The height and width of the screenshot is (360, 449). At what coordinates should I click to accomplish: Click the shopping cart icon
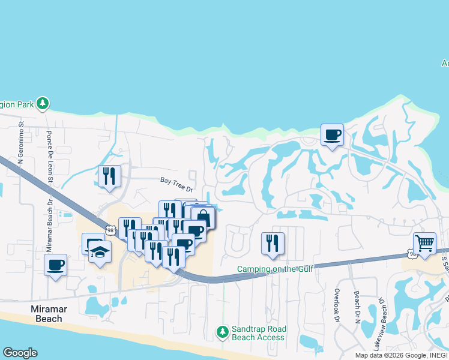[424, 244]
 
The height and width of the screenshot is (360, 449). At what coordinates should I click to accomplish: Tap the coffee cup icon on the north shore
[331, 135]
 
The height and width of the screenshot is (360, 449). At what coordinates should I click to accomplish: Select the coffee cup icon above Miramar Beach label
[55, 265]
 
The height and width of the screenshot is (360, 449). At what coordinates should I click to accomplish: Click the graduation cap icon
[100, 252]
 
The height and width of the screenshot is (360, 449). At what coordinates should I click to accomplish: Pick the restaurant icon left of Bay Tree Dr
[109, 176]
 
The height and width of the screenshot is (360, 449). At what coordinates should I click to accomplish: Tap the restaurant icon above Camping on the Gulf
[273, 243]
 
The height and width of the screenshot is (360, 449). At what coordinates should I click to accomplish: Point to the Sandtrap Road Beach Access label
[259, 334]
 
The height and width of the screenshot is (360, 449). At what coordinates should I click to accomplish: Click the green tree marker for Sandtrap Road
[223, 331]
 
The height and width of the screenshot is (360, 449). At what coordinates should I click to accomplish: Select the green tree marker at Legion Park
[42, 104]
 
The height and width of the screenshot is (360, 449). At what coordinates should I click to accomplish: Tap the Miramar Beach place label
[47, 314]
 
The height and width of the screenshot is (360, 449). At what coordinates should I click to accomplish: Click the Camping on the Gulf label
[276, 269]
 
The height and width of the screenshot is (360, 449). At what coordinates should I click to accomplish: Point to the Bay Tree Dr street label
[176, 183]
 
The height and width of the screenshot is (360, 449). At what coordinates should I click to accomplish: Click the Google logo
[20, 353]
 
